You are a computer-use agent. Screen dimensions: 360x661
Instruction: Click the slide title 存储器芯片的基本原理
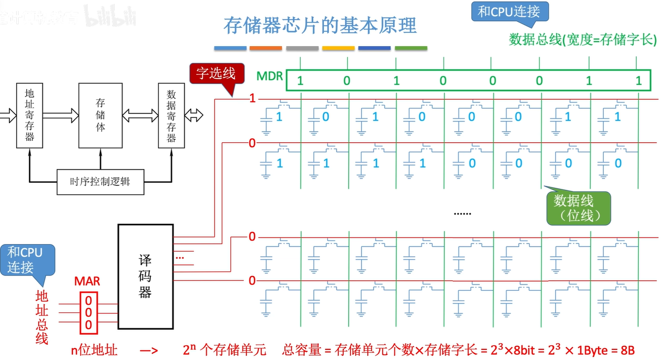[320, 25]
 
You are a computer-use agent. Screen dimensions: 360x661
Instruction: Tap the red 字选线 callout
[216, 73]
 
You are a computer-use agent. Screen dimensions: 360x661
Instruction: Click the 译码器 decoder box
[145, 275]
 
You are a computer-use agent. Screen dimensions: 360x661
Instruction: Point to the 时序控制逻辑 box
[100, 181]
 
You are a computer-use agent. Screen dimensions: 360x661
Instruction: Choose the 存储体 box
[100, 115]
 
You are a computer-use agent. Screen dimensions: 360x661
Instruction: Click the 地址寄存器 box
[29, 115]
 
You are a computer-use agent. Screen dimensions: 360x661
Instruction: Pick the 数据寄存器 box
[171, 115]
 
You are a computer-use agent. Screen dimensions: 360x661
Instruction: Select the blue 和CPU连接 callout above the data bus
[509, 12]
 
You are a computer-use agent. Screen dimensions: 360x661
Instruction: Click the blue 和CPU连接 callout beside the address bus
[24, 260]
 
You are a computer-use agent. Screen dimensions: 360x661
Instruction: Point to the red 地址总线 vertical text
[42, 317]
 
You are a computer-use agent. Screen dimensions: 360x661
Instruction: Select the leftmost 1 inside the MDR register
[300, 81]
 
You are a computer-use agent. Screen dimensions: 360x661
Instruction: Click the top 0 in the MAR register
[89, 300]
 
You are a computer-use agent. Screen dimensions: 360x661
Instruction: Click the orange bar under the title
[266, 48]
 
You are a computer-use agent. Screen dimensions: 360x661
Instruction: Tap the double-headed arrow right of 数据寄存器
[194, 115]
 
